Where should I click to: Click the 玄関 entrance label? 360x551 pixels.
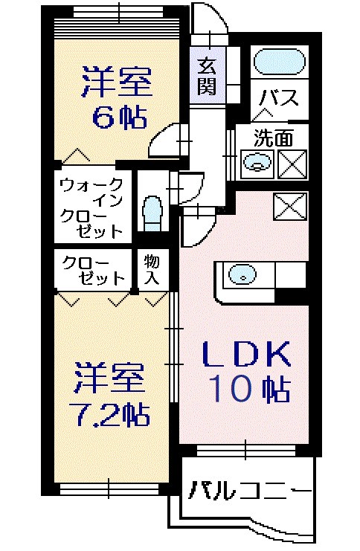click(207, 76)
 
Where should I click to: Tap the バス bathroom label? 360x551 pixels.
click(278, 97)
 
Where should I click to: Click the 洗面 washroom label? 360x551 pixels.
click(272, 137)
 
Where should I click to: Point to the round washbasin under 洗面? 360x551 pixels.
click(256, 161)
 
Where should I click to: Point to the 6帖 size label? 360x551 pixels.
click(117, 117)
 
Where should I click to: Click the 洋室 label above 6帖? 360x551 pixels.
click(117, 82)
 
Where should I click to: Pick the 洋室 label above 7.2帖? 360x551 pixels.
click(109, 380)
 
